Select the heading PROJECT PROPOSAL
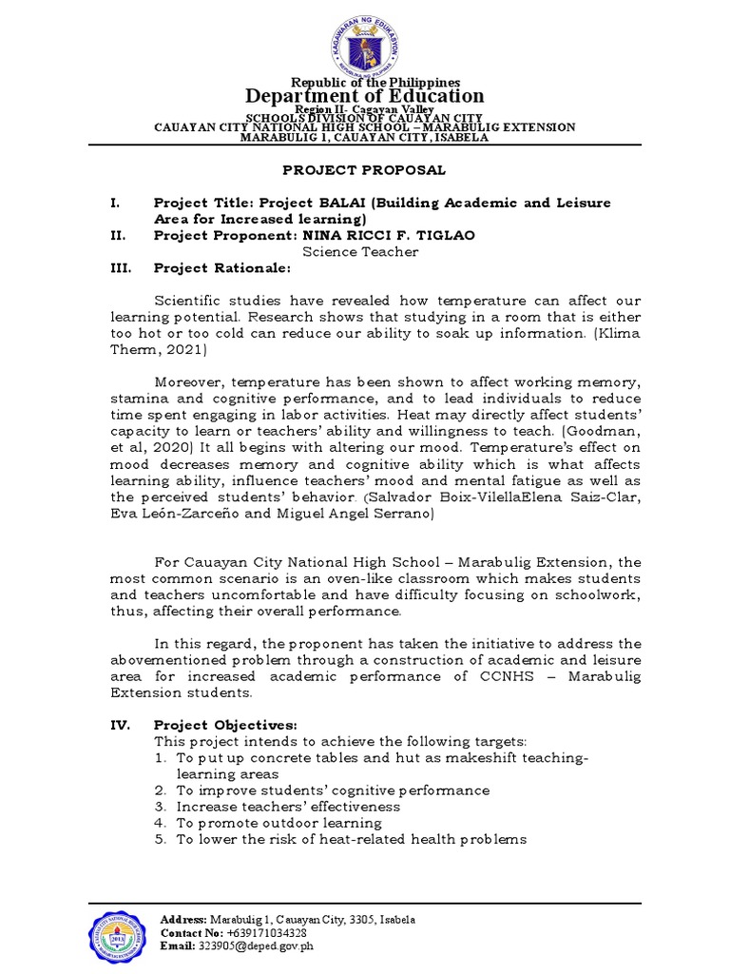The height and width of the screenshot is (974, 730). [365, 169]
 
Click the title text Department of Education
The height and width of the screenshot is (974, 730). [365, 96]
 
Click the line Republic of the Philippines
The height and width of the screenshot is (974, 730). [365, 82]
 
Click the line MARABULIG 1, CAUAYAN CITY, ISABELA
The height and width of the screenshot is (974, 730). [365, 137]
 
